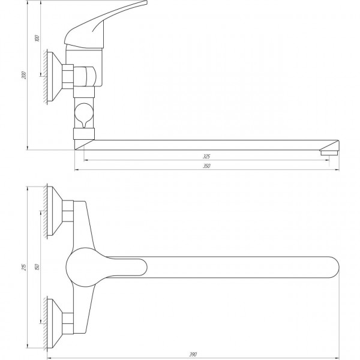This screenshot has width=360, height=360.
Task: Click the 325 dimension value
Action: (207, 156)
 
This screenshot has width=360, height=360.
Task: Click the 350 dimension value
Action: (207, 166)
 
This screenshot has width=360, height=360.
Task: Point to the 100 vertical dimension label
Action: (37, 38)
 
